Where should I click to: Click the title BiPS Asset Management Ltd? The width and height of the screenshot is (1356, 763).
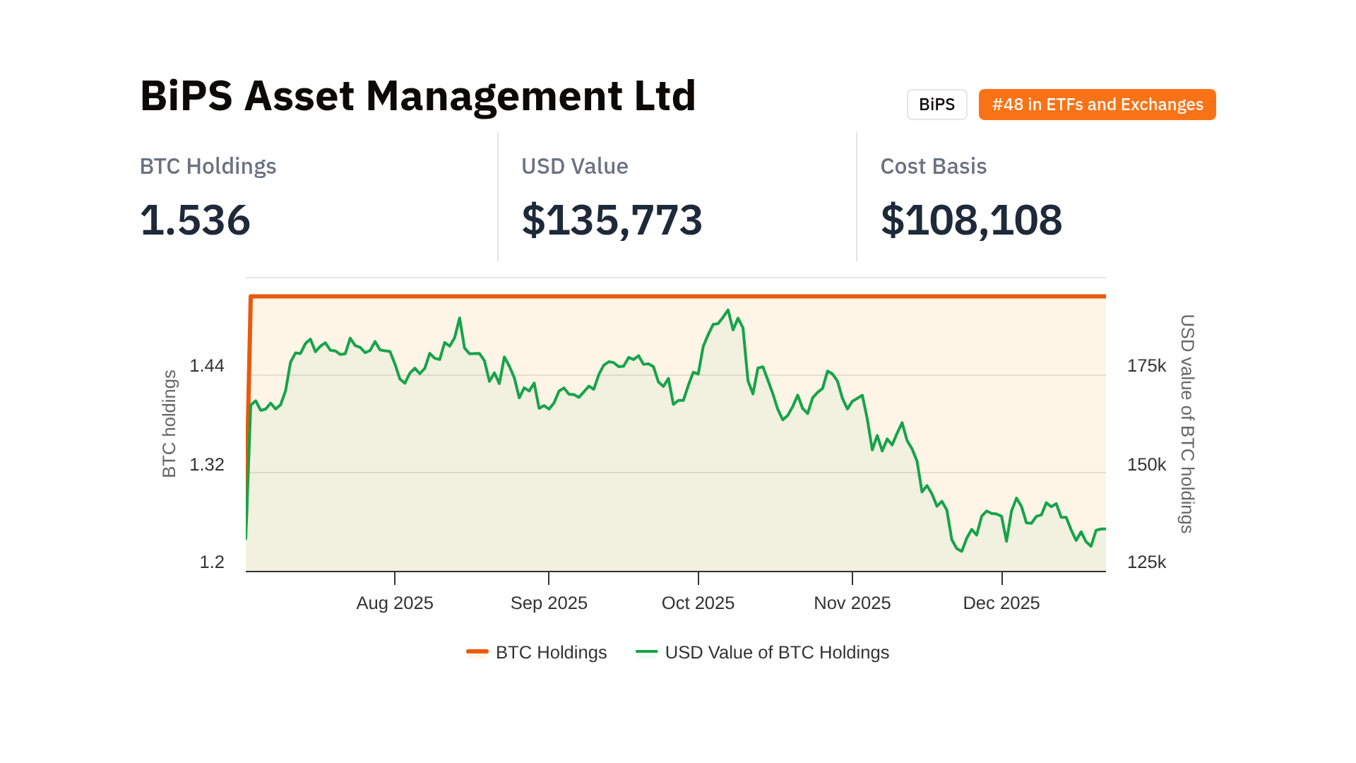(x=417, y=96)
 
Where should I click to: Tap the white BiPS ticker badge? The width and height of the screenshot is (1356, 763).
(x=936, y=105)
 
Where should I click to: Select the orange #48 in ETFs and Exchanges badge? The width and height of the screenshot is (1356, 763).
(x=1097, y=105)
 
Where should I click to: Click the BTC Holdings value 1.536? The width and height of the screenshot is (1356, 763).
(x=195, y=220)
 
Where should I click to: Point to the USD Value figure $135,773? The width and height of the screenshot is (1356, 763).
(x=612, y=220)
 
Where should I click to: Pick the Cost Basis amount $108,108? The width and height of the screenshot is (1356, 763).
(x=970, y=220)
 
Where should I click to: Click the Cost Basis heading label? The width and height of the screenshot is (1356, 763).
(x=933, y=166)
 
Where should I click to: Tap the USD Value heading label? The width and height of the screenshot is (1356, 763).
(x=574, y=166)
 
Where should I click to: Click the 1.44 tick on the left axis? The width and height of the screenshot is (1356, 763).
(x=207, y=366)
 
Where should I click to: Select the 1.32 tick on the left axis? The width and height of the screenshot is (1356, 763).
(x=207, y=465)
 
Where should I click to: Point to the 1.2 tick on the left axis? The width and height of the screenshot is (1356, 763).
(x=212, y=562)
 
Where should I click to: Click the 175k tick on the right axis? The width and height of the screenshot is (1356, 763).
(x=1146, y=366)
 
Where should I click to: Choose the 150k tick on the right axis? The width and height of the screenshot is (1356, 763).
(x=1146, y=465)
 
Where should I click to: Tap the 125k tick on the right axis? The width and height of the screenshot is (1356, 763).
(x=1146, y=562)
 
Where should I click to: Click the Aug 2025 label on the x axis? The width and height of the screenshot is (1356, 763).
(x=394, y=603)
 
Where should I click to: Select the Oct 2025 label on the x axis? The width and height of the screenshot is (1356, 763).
(x=698, y=603)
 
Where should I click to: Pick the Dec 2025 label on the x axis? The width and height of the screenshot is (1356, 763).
(x=1001, y=603)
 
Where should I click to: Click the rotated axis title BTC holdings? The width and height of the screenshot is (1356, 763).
(x=169, y=424)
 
